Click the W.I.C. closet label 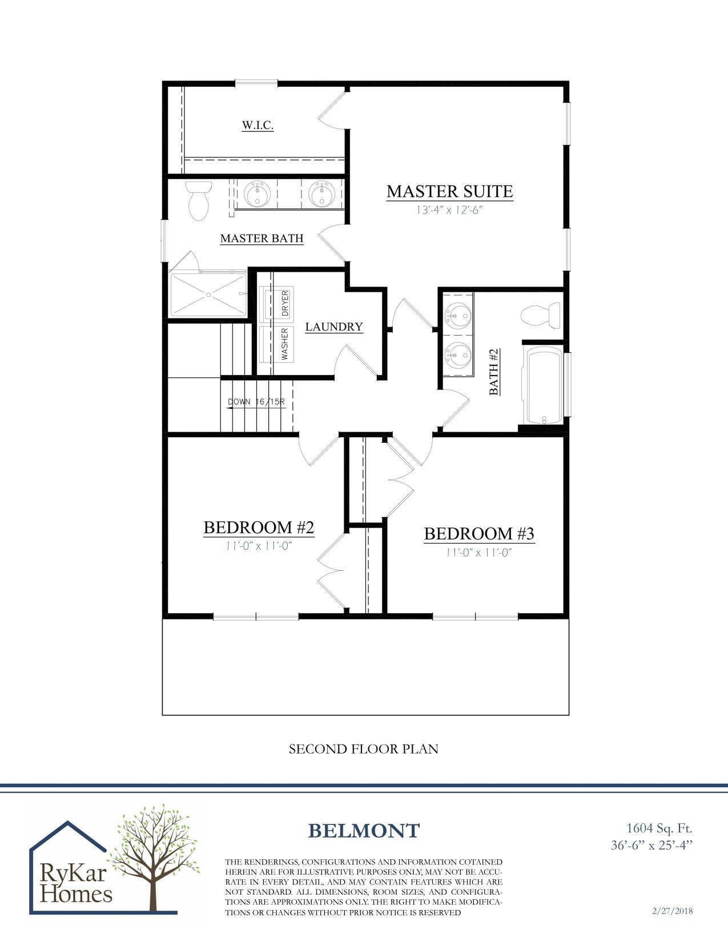pyautogui.click(x=258, y=125)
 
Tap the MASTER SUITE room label pyautogui.click(x=449, y=191)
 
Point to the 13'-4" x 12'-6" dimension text pyautogui.click(x=449, y=210)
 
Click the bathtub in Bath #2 pyautogui.click(x=545, y=386)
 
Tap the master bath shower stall pyautogui.click(x=208, y=295)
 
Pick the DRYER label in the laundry pyautogui.click(x=285, y=303)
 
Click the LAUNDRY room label pyautogui.click(x=334, y=327)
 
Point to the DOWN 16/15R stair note pyautogui.click(x=256, y=402)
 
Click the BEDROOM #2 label pyautogui.click(x=259, y=528)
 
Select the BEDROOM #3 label pyautogui.click(x=478, y=534)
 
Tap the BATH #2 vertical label pyautogui.click(x=494, y=372)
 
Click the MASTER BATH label pyautogui.click(x=262, y=238)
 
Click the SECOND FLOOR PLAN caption pyautogui.click(x=363, y=749)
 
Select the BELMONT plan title pyautogui.click(x=364, y=831)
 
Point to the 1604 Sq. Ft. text pyautogui.click(x=659, y=828)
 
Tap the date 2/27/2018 pyautogui.click(x=672, y=911)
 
